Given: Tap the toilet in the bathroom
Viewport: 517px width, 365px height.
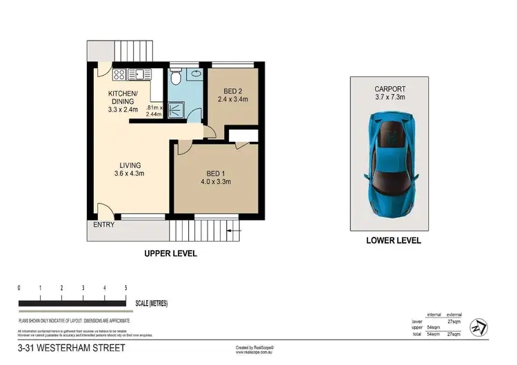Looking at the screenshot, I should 177,78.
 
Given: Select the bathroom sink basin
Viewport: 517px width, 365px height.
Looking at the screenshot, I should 196,72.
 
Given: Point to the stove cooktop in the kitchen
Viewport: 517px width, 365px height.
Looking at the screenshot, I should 118,74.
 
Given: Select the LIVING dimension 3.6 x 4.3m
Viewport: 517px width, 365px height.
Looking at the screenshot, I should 129,175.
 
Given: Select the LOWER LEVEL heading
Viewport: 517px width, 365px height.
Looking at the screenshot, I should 394,241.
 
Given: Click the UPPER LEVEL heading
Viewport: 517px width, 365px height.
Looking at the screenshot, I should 170,253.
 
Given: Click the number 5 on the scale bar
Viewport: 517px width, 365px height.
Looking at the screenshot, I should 125,287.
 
